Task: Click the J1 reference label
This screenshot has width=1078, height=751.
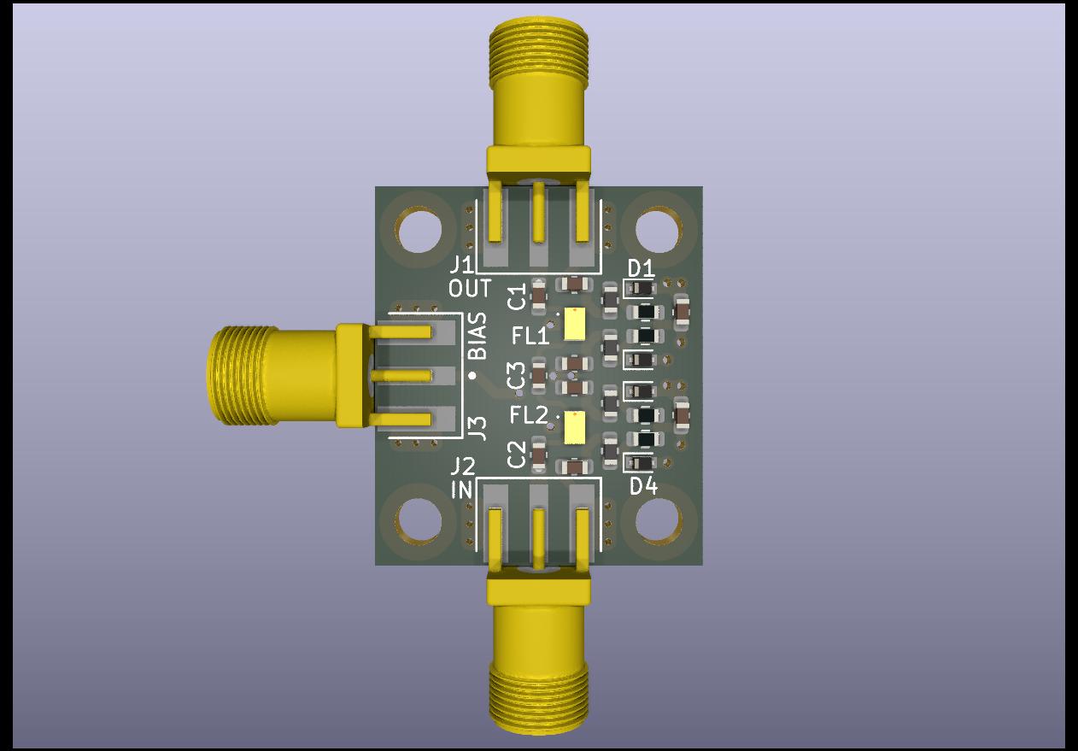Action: pyautogui.click(x=461, y=266)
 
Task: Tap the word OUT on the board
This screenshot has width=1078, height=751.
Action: pyautogui.click(x=470, y=289)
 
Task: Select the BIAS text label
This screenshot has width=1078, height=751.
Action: pyautogui.click(x=477, y=336)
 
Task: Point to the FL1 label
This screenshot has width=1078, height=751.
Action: pyautogui.click(x=530, y=336)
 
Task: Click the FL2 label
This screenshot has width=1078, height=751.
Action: pyautogui.click(x=529, y=415)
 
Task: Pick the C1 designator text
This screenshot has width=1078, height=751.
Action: pyautogui.click(x=517, y=297)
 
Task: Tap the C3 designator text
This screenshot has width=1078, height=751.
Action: pyautogui.click(x=517, y=376)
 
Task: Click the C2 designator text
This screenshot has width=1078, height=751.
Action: pyautogui.click(x=517, y=455)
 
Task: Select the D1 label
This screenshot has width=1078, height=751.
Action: pyautogui.click(x=641, y=268)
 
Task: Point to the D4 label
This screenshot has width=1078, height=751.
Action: pyautogui.click(x=643, y=487)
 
